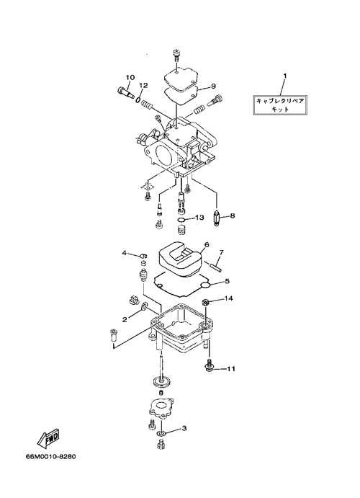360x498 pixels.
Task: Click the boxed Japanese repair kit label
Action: point(280,105)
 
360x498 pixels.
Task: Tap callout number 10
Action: point(130,78)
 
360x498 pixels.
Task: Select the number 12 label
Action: point(143,85)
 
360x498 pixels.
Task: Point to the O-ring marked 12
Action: point(138,99)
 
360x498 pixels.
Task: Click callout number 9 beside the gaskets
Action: point(213,86)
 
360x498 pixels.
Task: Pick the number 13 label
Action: point(199,218)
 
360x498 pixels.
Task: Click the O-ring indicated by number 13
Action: point(181,220)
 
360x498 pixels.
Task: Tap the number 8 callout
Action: point(233,216)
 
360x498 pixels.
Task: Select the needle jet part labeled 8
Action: point(217,220)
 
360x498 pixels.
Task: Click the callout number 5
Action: point(227,281)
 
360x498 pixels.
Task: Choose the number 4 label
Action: point(125,253)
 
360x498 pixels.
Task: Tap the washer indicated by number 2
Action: point(144,306)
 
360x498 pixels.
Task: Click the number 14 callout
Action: point(229,298)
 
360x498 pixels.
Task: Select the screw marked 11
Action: point(208,365)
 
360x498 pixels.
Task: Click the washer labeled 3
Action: point(161,433)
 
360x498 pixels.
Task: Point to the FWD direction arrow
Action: point(48,438)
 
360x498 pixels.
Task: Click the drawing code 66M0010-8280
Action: point(51,457)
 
